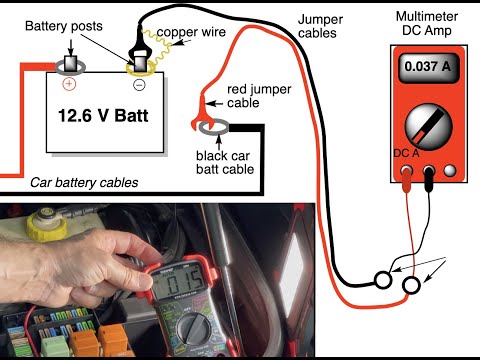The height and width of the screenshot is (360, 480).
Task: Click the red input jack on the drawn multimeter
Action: coord(407,171)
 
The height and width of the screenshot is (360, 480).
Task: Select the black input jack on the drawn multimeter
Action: coord(429,171)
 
